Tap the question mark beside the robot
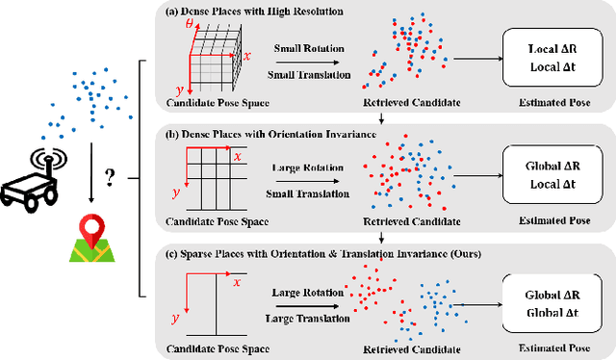coord(111,179)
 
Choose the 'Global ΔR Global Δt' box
coord(552,302)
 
